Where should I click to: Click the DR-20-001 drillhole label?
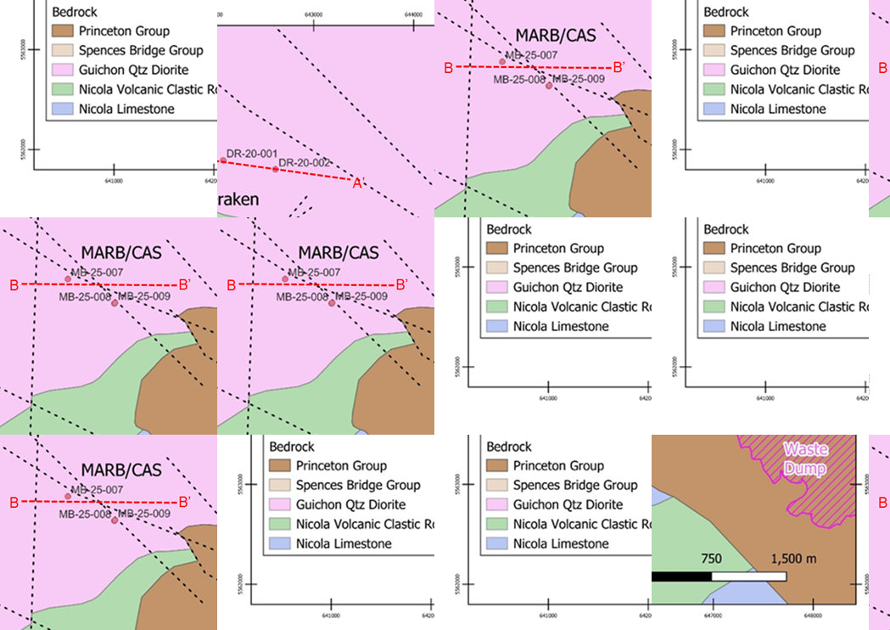pyautogui.click(x=252, y=153)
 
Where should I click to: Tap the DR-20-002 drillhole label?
pyautogui.click(x=304, y=162)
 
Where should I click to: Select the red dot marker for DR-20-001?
pyautogui.click(x=223, y=160)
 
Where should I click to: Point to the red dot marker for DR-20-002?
pyautogui.click(x=276, y=169)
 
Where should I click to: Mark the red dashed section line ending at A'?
pyautogui.click(x=314, y=174)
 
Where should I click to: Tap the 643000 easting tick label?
pyautogui.click(x=315, y=13)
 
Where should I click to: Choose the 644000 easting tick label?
pyautogui.click(x=413, y=13)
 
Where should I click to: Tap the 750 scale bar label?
pyautogui.click(x=711, y=560)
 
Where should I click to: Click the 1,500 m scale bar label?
pyautogui.click(x=792, y=560)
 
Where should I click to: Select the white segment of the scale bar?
pyautogui.click(x=748, y=577)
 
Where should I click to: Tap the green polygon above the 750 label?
pyautogui.click(x=687, y=526)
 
